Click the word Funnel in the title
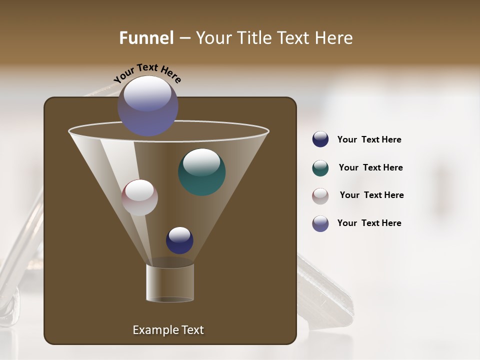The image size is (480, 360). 146,38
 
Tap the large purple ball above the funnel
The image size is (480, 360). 148,106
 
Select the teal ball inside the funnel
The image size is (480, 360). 202,172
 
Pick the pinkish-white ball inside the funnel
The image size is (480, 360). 140,197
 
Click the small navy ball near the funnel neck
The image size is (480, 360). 179,240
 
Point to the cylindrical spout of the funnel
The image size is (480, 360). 170,283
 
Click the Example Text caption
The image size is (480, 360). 168,330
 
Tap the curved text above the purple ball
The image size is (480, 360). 147,72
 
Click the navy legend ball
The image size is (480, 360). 320,139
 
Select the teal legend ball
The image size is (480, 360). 320,168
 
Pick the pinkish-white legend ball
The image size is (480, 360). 320,196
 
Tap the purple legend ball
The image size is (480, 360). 320,223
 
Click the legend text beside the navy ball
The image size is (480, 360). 369,139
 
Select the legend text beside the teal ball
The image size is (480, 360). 370,167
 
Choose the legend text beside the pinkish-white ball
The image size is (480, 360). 371,195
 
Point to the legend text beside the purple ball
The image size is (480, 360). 369,223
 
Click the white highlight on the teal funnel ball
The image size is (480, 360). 201,162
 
